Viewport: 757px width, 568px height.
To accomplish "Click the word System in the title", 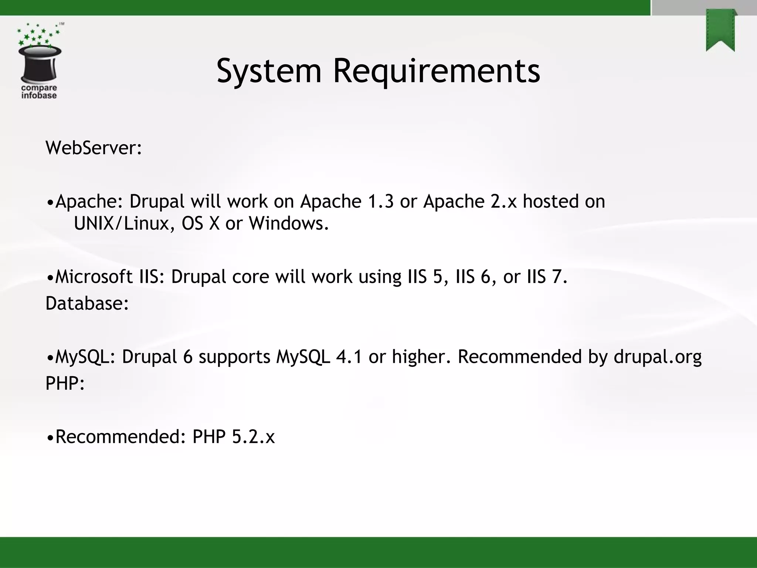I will pos(269,71).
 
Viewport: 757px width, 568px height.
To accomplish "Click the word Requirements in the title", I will pos(437,71).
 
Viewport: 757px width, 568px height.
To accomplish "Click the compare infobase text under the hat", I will pos(39,92).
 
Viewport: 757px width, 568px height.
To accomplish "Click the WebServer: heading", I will pos(94,148).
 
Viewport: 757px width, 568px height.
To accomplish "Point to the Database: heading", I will pos(87,303).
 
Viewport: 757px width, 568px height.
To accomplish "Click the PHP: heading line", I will pos(65,383).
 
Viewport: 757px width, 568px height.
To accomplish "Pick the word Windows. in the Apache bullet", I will pos(288,223).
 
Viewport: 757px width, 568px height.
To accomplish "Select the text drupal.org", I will pos(658,357).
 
